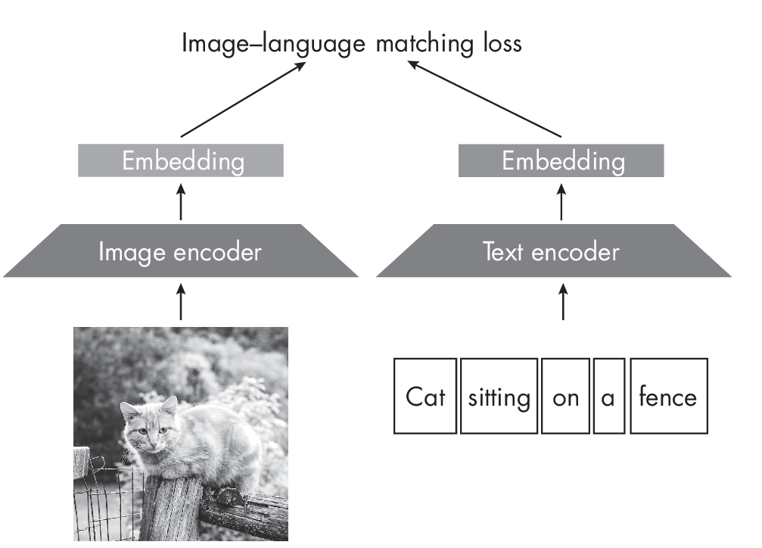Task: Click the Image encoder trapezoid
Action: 180,251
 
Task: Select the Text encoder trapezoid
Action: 552,251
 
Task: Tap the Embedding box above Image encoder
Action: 181,160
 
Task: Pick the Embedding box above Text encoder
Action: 561,160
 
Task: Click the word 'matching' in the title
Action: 409,43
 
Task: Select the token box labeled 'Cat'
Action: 425,396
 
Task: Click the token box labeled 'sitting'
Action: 499,396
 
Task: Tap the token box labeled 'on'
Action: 565,396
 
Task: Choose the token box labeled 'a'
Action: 608,396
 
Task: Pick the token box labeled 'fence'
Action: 668,396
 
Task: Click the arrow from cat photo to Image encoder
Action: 180,301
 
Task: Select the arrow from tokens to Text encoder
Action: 561,301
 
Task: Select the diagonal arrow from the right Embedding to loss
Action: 484,99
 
